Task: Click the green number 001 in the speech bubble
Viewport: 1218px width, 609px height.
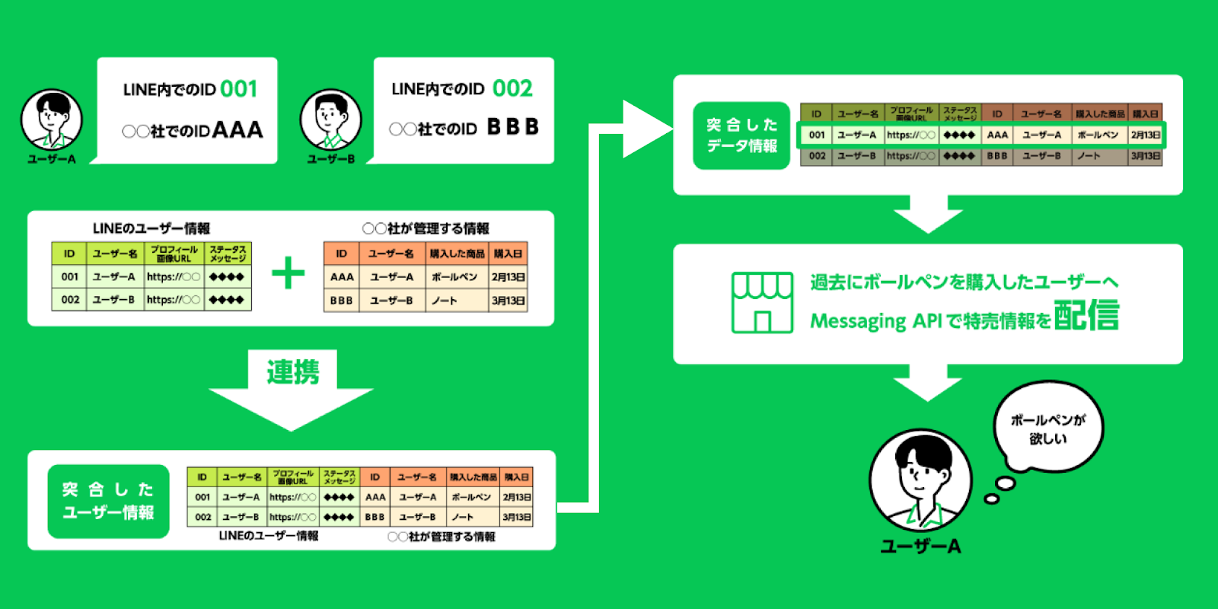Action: pos(239,89)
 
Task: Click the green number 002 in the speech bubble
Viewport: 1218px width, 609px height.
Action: pos(512,89)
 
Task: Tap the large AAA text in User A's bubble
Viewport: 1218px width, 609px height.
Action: pos(238,130)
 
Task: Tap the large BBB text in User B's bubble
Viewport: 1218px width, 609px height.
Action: pos(512,127)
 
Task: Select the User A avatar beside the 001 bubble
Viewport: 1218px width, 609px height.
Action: pos(51,120)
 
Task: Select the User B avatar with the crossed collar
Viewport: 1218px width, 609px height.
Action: pos(330,120)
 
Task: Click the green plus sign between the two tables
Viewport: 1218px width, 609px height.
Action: pos(288,273)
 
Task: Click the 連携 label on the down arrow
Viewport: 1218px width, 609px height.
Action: pos(292,372)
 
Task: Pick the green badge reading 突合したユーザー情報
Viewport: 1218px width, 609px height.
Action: pos(108,501)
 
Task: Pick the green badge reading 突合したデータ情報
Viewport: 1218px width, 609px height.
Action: pos(741,136)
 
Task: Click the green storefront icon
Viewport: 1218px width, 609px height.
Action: pos(762,302)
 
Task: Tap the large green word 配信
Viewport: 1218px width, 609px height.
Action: pos(1086,315)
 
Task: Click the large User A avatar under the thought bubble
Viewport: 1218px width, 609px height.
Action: pos(920,480)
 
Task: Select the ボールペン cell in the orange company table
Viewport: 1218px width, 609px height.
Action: pos(454,277)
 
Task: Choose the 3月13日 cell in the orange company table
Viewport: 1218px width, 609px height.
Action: pos(508,301)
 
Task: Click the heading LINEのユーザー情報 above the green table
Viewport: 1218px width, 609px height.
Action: pos(151,228)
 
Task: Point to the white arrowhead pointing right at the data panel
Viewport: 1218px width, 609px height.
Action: pos(646,129)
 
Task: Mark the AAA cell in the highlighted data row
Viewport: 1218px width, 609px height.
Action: pos(997,135)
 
